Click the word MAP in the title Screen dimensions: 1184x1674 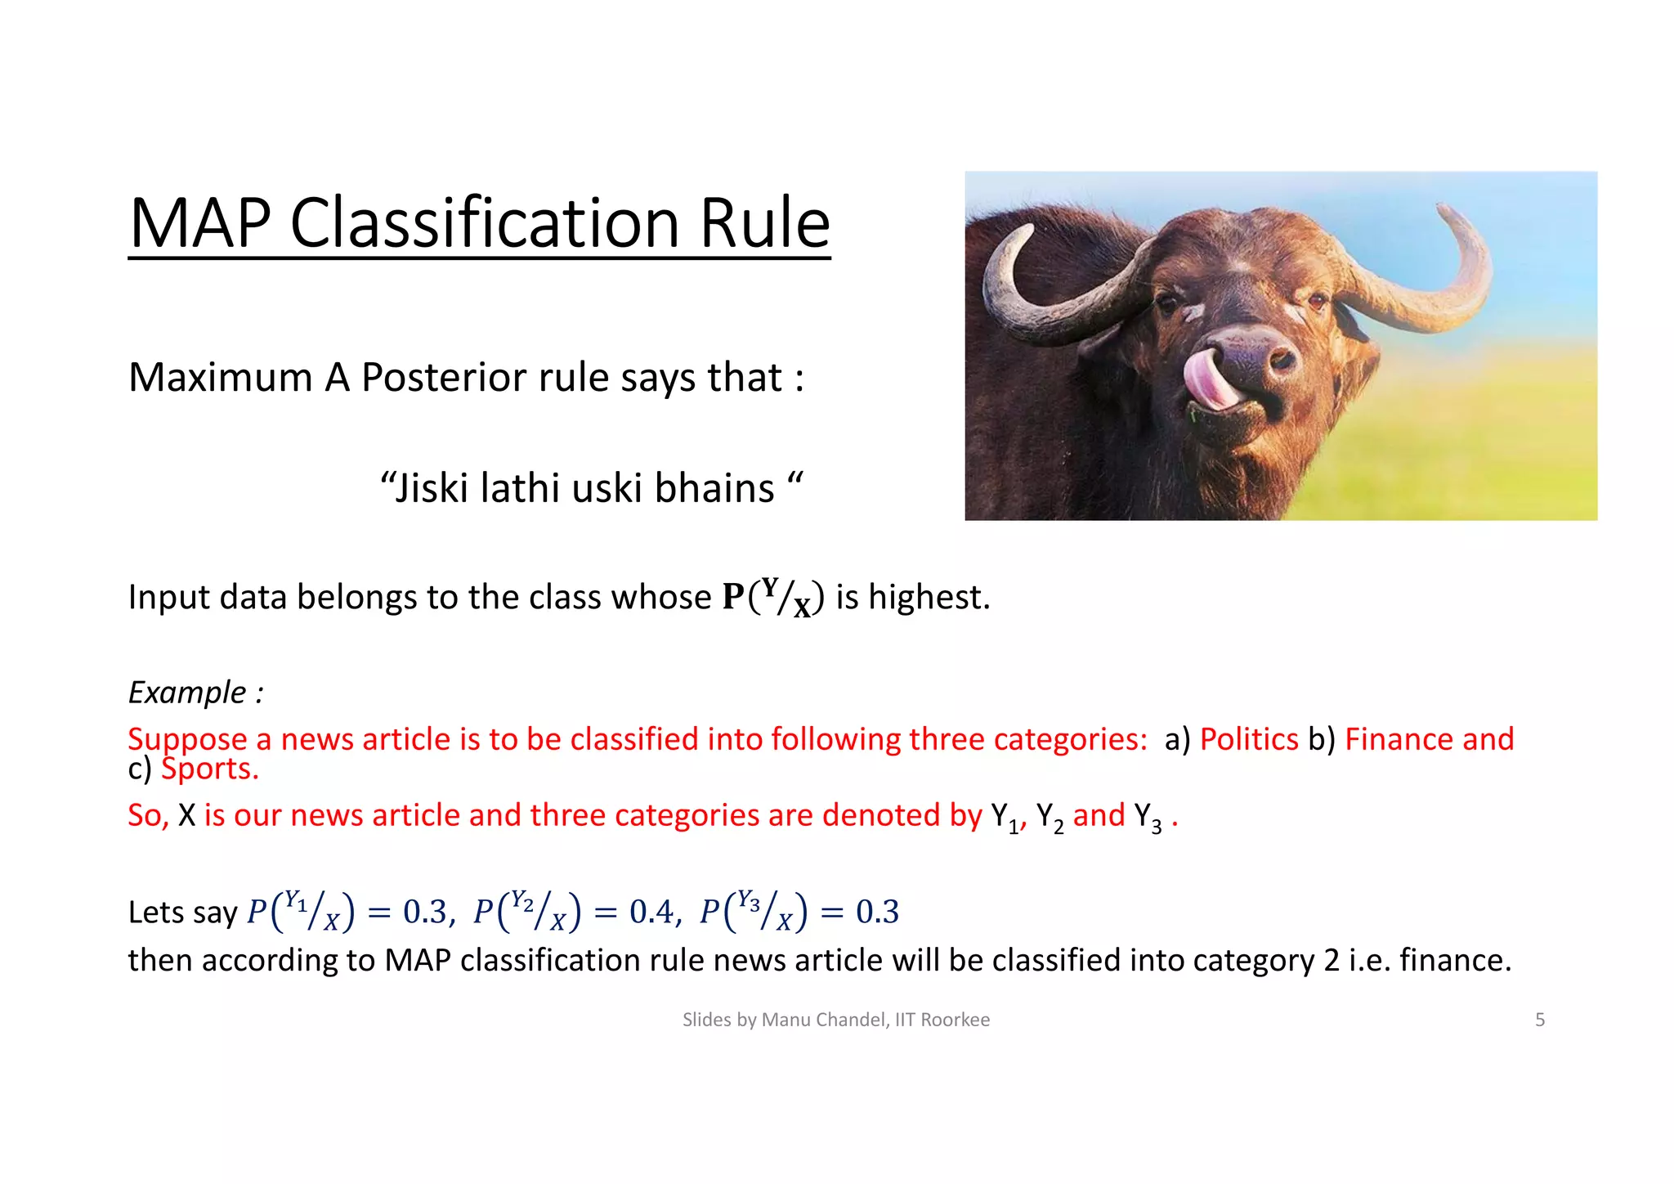pos(200,223)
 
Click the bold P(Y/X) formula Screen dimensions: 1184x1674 pos(772,597)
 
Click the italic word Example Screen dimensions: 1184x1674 pos(187,693)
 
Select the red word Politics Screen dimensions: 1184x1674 pos(1248,739)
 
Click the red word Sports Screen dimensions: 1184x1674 pos(210,769)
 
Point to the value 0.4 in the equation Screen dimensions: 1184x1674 pos(651,912)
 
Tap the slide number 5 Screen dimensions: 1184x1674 pos(1540,1020)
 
